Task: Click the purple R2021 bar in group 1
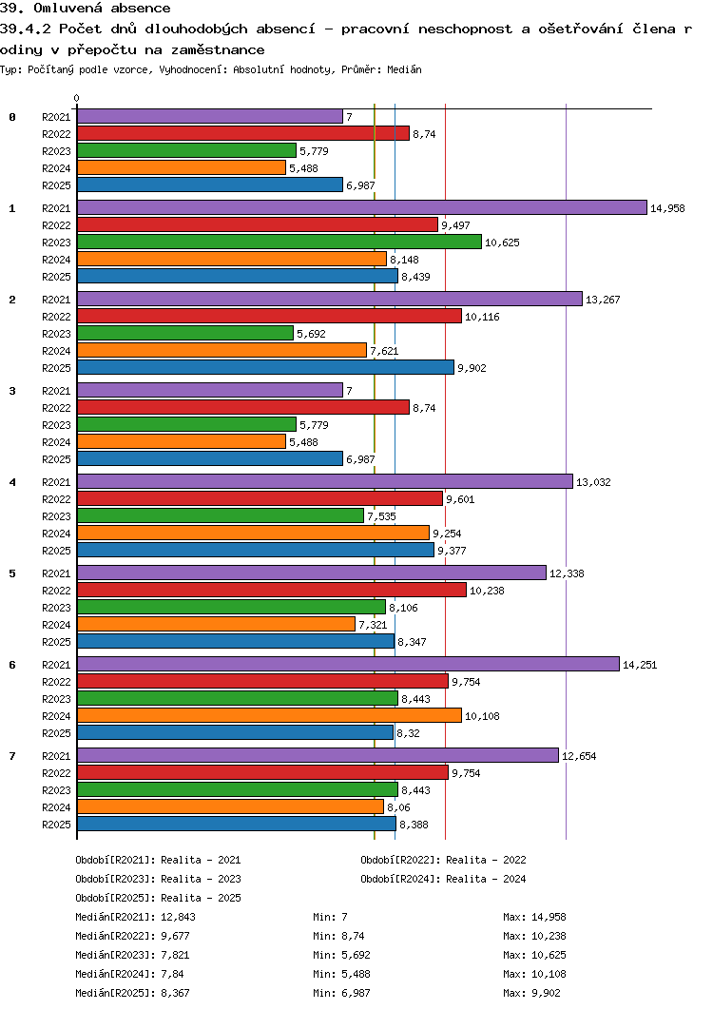click(x=361, y=208)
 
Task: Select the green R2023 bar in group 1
click(x=279, y=243)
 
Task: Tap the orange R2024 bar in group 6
click(x=269, y=715)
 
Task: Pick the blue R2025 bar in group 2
click(x=265, y=368)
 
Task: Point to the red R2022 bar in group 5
click(x=271, y=591)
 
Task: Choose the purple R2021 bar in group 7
click(x=318, y=755)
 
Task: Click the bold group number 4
click(x=12, y=482)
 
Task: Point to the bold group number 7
click(x=12, y=756)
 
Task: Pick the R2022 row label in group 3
click(x=56, y=408)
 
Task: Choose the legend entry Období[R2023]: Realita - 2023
click(x=158, y=879)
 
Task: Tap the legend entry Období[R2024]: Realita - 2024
click(x=443, y=879)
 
